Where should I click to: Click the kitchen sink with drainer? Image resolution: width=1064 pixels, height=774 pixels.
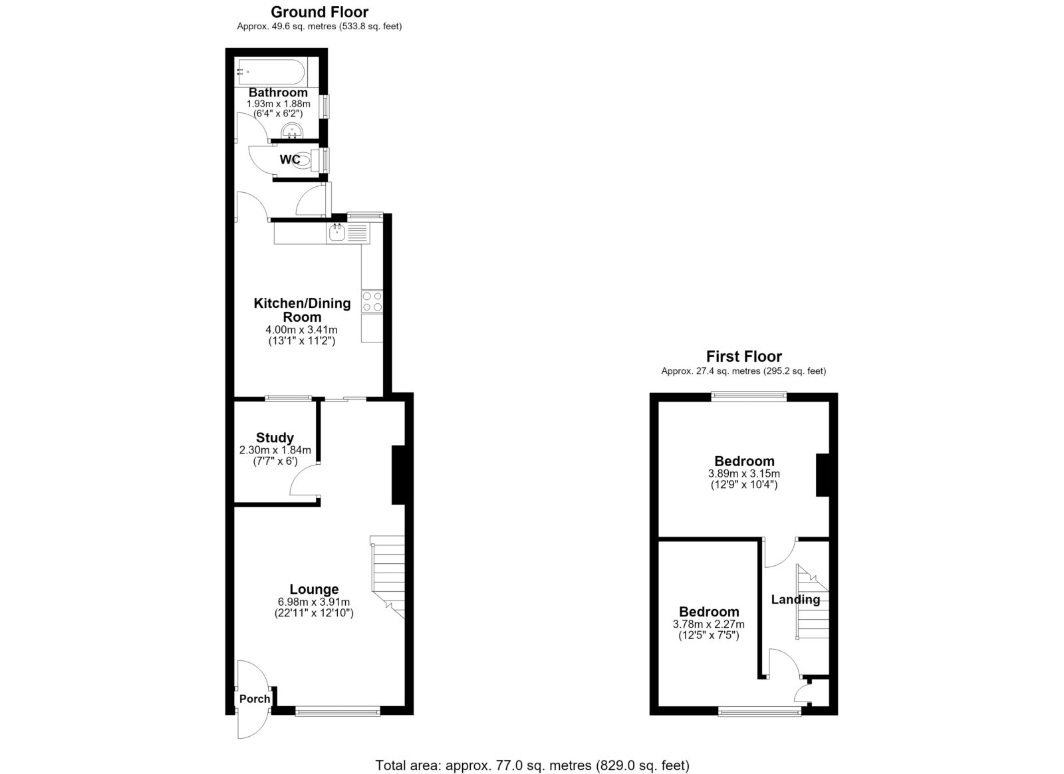tap(348, 233)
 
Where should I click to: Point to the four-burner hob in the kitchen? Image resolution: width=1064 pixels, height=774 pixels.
tap(372, 301)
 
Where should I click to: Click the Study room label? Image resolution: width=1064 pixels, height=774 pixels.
tap(275, 438)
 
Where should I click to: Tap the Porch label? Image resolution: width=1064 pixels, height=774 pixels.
tap(255, 698)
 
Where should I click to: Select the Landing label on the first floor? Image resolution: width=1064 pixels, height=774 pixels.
tap(795, 600)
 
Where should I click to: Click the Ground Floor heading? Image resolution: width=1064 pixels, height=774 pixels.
tap(319, 12)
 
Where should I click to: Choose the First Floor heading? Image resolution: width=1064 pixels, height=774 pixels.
tap(744, 356)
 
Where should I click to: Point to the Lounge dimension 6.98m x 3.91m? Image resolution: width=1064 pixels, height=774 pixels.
tap(313, 602)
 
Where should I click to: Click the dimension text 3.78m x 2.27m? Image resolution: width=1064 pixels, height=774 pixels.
tap(709, 624)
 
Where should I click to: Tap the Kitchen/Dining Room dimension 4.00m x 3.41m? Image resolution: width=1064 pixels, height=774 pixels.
tap(302, 330)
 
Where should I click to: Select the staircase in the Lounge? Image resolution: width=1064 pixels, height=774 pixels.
tap(387, 577)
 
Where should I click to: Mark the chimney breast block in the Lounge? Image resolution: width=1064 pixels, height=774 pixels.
tap(398, 474)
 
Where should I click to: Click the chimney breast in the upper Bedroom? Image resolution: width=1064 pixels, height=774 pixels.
tap(823, 475)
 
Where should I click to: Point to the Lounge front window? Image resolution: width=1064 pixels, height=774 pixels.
tap(338, 710)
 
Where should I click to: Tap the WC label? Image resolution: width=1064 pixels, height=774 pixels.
tap(290, 160)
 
